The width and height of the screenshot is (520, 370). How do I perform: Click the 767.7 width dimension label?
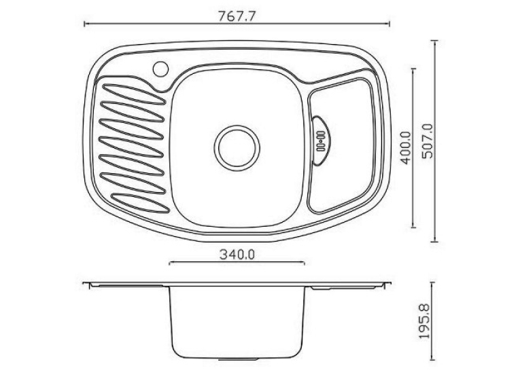coord(237,16)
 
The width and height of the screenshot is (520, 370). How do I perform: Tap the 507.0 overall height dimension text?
coord(427,141)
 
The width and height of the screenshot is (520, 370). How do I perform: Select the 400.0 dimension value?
coord(406,147)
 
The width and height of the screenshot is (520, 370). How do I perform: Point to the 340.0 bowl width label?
coord(237,255)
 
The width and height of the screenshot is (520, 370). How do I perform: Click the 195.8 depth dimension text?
coord(424,321)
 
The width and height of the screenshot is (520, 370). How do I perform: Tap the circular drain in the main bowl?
coord(237,148)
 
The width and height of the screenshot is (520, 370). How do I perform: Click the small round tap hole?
coord(161,69)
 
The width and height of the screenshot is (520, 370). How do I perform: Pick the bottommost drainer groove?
coord(140,203)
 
